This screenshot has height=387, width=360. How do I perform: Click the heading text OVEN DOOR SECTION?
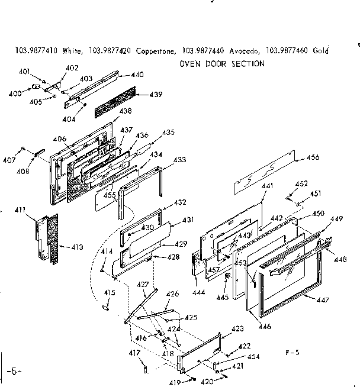pyautogui.click(x=221, y=63)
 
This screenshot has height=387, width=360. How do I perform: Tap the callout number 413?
pyautogui.click(x=78, y=246)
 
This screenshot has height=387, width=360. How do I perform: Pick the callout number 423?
pyautogui.click(x=237, y=328)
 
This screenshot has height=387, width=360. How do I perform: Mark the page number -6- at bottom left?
pyautogui.click(x=15, y=371)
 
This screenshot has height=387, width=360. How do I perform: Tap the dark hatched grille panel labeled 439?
pyautogui.click(x=113, y=105)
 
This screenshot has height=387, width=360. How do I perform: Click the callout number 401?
pyautogui.click(x=24, y=72)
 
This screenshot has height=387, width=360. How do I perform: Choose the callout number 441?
pyautogui.click(x=267, y=186)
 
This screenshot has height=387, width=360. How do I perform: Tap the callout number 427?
pyautogui.click(x=143, y=285)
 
